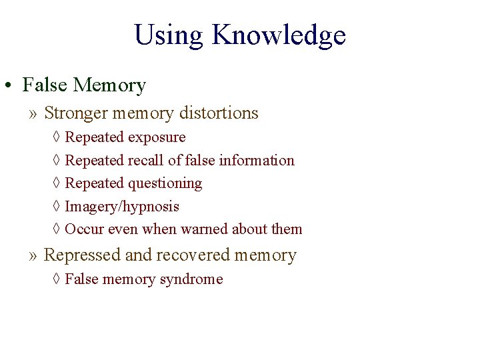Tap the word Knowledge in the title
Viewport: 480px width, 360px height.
click(279, 36)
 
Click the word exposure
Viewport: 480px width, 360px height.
click(157, 137)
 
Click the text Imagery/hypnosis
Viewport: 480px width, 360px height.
click(122, 207)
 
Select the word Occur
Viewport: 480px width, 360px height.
click(83, 229)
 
